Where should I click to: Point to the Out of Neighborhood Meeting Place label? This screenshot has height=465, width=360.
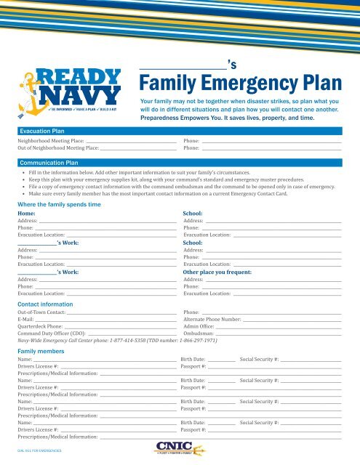click(x=58, y=147)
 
